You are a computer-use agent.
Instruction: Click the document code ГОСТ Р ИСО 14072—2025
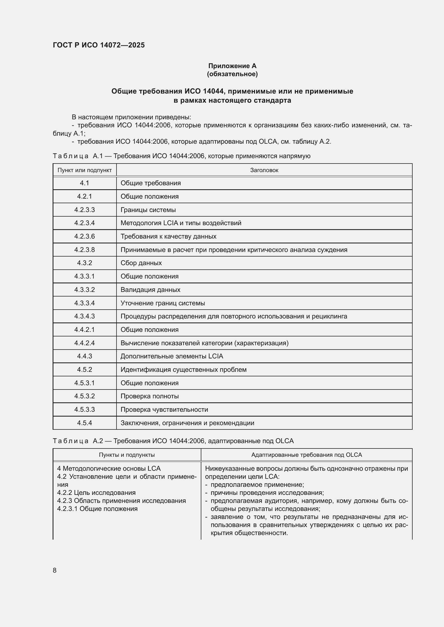(99, 45)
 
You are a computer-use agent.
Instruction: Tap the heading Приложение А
(232, 66)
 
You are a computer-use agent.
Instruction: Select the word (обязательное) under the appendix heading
(232, 74)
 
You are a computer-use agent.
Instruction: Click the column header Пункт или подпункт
(85, 170)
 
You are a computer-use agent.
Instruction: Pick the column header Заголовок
(264, 170)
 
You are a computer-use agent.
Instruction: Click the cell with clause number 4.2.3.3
(85, 210)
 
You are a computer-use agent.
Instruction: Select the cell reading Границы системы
(148, 210)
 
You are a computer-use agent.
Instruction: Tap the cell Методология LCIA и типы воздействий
(181, 223)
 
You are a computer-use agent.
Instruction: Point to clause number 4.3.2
(85, 263)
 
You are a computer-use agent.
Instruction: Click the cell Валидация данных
(150, 290)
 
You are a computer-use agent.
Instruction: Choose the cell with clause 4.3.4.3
(85, 316)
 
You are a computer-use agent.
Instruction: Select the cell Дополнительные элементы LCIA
(172, 356)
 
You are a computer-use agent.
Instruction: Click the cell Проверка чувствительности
(164, 409)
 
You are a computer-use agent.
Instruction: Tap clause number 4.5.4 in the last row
(85, 423)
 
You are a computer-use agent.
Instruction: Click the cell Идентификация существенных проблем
(183, 369)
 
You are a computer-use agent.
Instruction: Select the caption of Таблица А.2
(173, 441)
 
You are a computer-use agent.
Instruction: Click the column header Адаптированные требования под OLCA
(306, 455)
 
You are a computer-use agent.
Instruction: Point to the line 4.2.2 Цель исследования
(96, 492)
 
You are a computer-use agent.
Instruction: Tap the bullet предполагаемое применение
(257, 484)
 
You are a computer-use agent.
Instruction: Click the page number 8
(55, 570)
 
